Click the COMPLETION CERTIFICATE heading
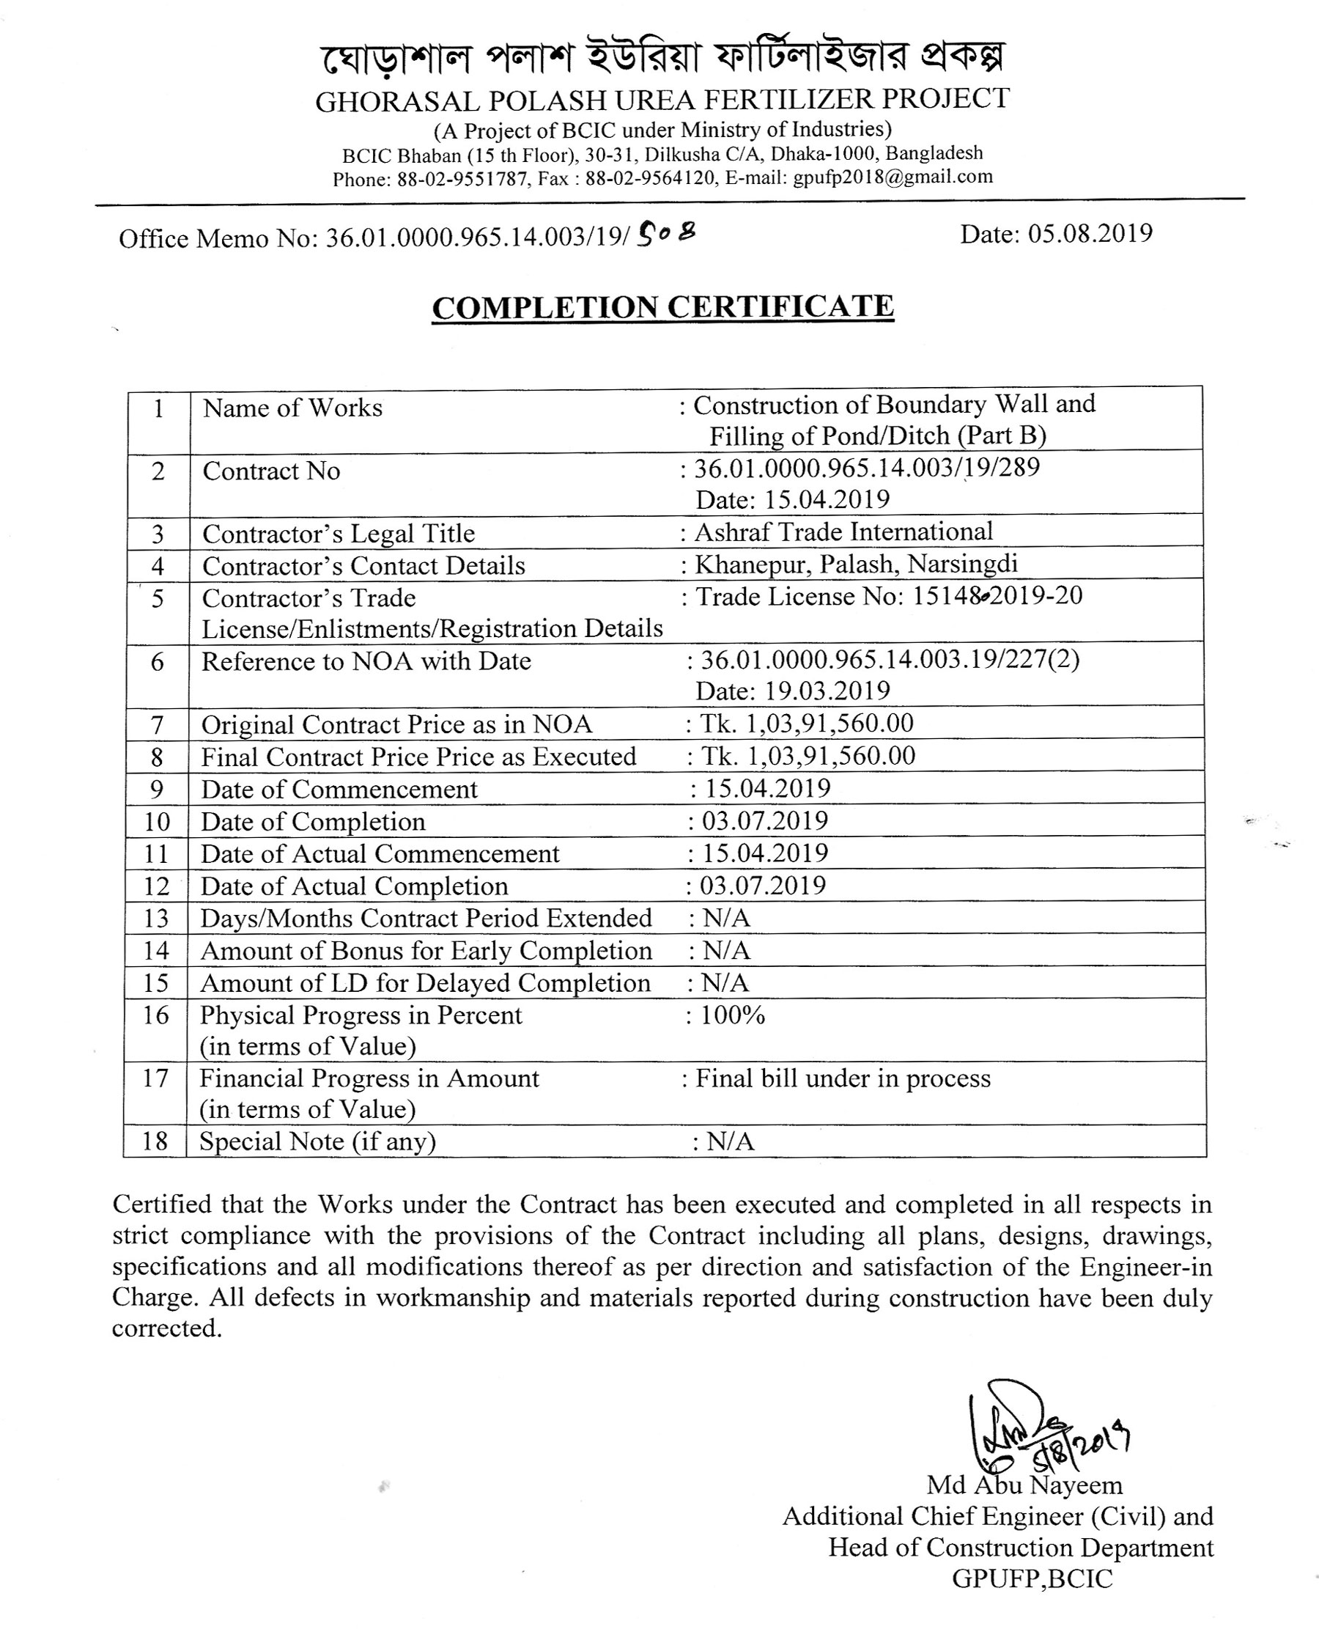coord(662,307)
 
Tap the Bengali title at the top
coord(662,57)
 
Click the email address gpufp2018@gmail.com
coord(893,177)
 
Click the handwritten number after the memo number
coord(666,235)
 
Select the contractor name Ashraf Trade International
coord(843,532)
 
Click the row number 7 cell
coord(158,724)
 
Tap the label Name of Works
coord(292,408)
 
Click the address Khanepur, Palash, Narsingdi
coord(857,564)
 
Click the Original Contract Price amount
coord(807,723)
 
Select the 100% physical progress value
coord(733,1015)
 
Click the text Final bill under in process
coord(843,1078)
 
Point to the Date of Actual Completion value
coord(763,886)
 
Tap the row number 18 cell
coord(155,1141)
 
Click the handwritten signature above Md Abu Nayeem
coord(1041,1426)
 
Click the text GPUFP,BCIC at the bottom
coord(1032,1579)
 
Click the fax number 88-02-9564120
coord(651,179)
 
